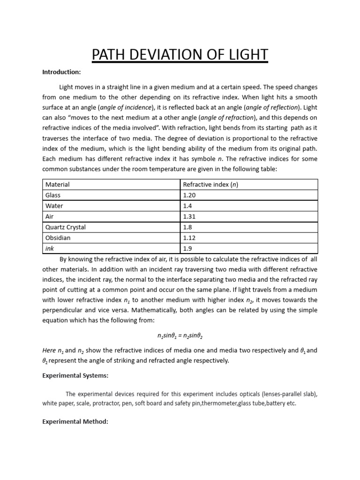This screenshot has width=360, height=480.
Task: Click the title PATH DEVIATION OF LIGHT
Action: point(180,55)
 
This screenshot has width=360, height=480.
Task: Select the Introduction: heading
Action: point(61,72)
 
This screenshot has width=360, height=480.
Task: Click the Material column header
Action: point(57,185)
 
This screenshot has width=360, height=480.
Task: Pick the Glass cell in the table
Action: point(53,195)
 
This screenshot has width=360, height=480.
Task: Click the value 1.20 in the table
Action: point(190,195)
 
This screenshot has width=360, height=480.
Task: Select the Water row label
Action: point(54,206)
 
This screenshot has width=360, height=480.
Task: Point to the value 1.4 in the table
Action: point(187,206)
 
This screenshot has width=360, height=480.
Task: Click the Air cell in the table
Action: point(50,217)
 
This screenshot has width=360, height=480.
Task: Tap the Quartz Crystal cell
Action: point(65,227)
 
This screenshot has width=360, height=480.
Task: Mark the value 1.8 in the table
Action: point(187,227)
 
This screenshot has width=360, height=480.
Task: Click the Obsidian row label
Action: point(58,238)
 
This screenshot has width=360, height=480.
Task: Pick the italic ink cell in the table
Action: point(50,248)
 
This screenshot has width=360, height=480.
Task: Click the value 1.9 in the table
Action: point(187,248)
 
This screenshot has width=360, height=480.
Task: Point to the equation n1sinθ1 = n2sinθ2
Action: point(180,336)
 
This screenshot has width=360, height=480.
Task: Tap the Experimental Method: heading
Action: point(75,422)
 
